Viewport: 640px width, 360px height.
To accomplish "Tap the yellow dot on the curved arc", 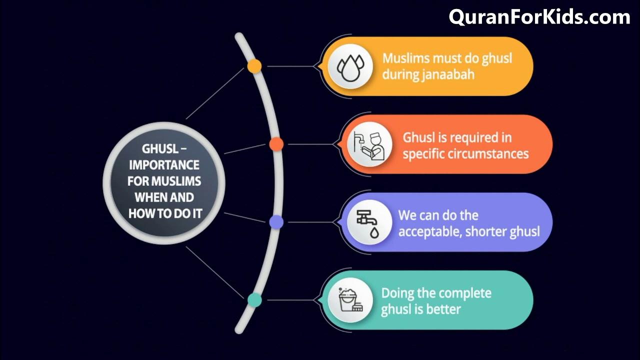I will coord(254,66).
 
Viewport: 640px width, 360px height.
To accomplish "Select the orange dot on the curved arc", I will coord(276,144).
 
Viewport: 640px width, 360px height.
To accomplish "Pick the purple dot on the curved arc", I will coord(276,222).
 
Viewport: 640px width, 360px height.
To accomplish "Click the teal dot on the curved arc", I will coord(255,300).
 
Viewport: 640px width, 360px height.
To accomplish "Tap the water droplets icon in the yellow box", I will coord(350,66).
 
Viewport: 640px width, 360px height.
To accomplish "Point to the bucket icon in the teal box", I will coord(350,300).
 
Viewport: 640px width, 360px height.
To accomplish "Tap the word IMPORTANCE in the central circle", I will coord(163,165).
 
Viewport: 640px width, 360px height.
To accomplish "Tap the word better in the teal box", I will coord(443,309).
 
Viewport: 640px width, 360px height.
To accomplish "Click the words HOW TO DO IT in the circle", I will coord(164,213).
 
